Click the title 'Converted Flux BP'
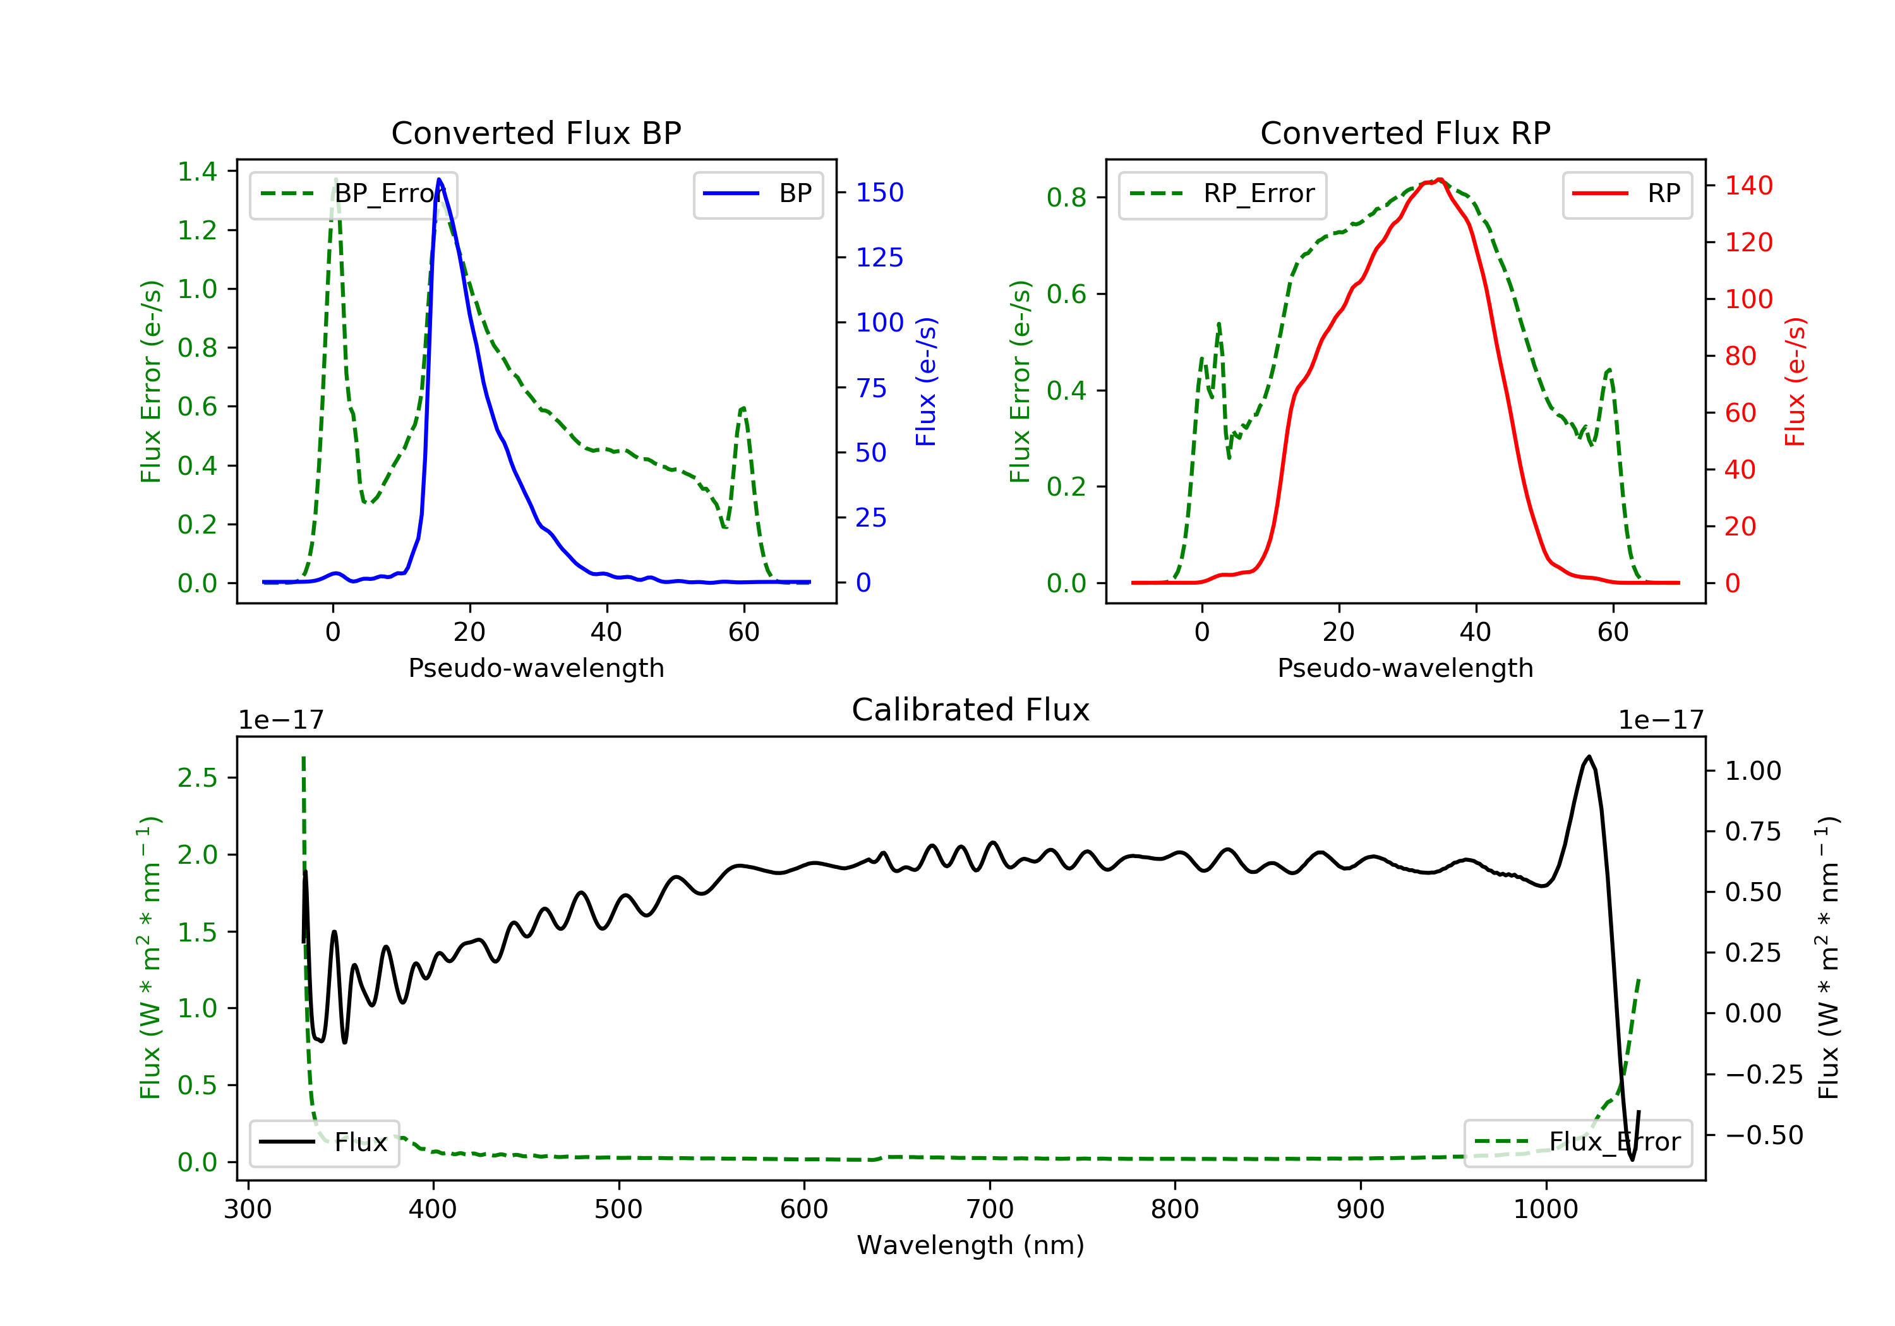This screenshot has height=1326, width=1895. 536,133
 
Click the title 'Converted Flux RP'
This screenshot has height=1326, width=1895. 1405,133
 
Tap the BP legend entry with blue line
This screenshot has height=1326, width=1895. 757,194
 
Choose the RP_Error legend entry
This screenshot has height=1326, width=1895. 1222,194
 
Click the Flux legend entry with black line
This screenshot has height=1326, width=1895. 325,1142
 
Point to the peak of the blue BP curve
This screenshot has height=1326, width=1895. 439,180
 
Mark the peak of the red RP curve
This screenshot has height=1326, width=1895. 1440,179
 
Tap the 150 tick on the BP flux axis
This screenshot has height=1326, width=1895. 879,192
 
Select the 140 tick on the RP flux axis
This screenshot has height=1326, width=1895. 1748,186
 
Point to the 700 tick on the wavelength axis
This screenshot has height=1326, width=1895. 990,1210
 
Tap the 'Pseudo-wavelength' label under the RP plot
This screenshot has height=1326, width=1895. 1405,667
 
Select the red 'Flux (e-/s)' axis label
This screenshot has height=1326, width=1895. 1795,381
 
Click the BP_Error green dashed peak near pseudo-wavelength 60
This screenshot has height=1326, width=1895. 743,409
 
